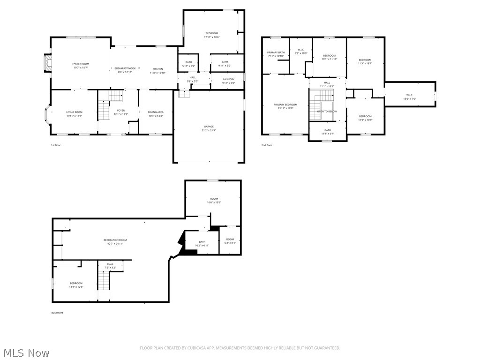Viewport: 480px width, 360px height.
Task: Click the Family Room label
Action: tap(80, 64)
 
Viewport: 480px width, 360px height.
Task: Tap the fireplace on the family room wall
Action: tap(46, 63)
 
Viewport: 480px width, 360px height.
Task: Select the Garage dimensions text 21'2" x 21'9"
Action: tap(209, 130)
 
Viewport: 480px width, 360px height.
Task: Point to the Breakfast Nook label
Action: tap(125, 68)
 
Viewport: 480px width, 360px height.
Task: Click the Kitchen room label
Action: tap(157, 68)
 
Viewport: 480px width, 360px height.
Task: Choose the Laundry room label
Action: tap(228, 79)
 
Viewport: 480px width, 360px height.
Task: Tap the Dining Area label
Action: tap(156, 112)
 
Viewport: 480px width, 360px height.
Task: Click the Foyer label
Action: tap(121, 111)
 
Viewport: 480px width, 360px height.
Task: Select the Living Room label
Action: tap(74, 112)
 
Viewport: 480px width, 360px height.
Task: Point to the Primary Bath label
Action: tap(276, 52)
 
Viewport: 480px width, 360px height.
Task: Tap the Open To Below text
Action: tap(327, 111)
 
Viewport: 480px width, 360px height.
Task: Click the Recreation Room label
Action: tap(115, 240)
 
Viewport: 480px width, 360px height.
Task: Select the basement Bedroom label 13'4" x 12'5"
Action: tap(76, 283)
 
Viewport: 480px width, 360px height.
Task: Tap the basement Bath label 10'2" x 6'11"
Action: tap(202, 242)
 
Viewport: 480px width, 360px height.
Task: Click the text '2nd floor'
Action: tap(267, 145)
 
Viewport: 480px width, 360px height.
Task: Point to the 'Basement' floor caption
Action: tap(57, 313)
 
